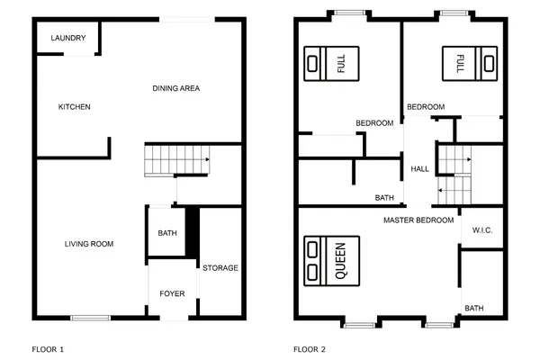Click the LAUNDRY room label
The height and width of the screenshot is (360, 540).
[x=68, y=38]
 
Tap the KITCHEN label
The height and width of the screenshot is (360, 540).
[x=75, y=107]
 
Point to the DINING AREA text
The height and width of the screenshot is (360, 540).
[x=175, y=88]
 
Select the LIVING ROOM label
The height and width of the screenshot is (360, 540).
[x=88, y=244]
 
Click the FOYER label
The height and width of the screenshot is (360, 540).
[x=172, y=293]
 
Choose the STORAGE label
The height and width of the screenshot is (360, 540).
[x=220, y=268]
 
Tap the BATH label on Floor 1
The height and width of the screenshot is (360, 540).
[x=166, y=234]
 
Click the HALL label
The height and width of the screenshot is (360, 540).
[x=420, y=169]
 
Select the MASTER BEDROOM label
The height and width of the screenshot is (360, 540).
[x=418, y=220]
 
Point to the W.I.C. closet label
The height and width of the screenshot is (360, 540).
[x=482, y=231]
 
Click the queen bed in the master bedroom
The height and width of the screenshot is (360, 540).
[x=331, y=260]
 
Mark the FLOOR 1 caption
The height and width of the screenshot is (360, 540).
[x=48, y=348]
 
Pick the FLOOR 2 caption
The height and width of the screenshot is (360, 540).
[x=310, y=348]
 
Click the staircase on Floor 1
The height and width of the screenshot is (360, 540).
[x=176, y=161]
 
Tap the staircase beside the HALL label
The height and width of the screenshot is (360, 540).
[x=454, y=175]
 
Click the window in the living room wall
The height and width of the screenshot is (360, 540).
[x=90, y=317]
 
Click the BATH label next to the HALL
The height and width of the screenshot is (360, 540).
[x=385, y=198]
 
